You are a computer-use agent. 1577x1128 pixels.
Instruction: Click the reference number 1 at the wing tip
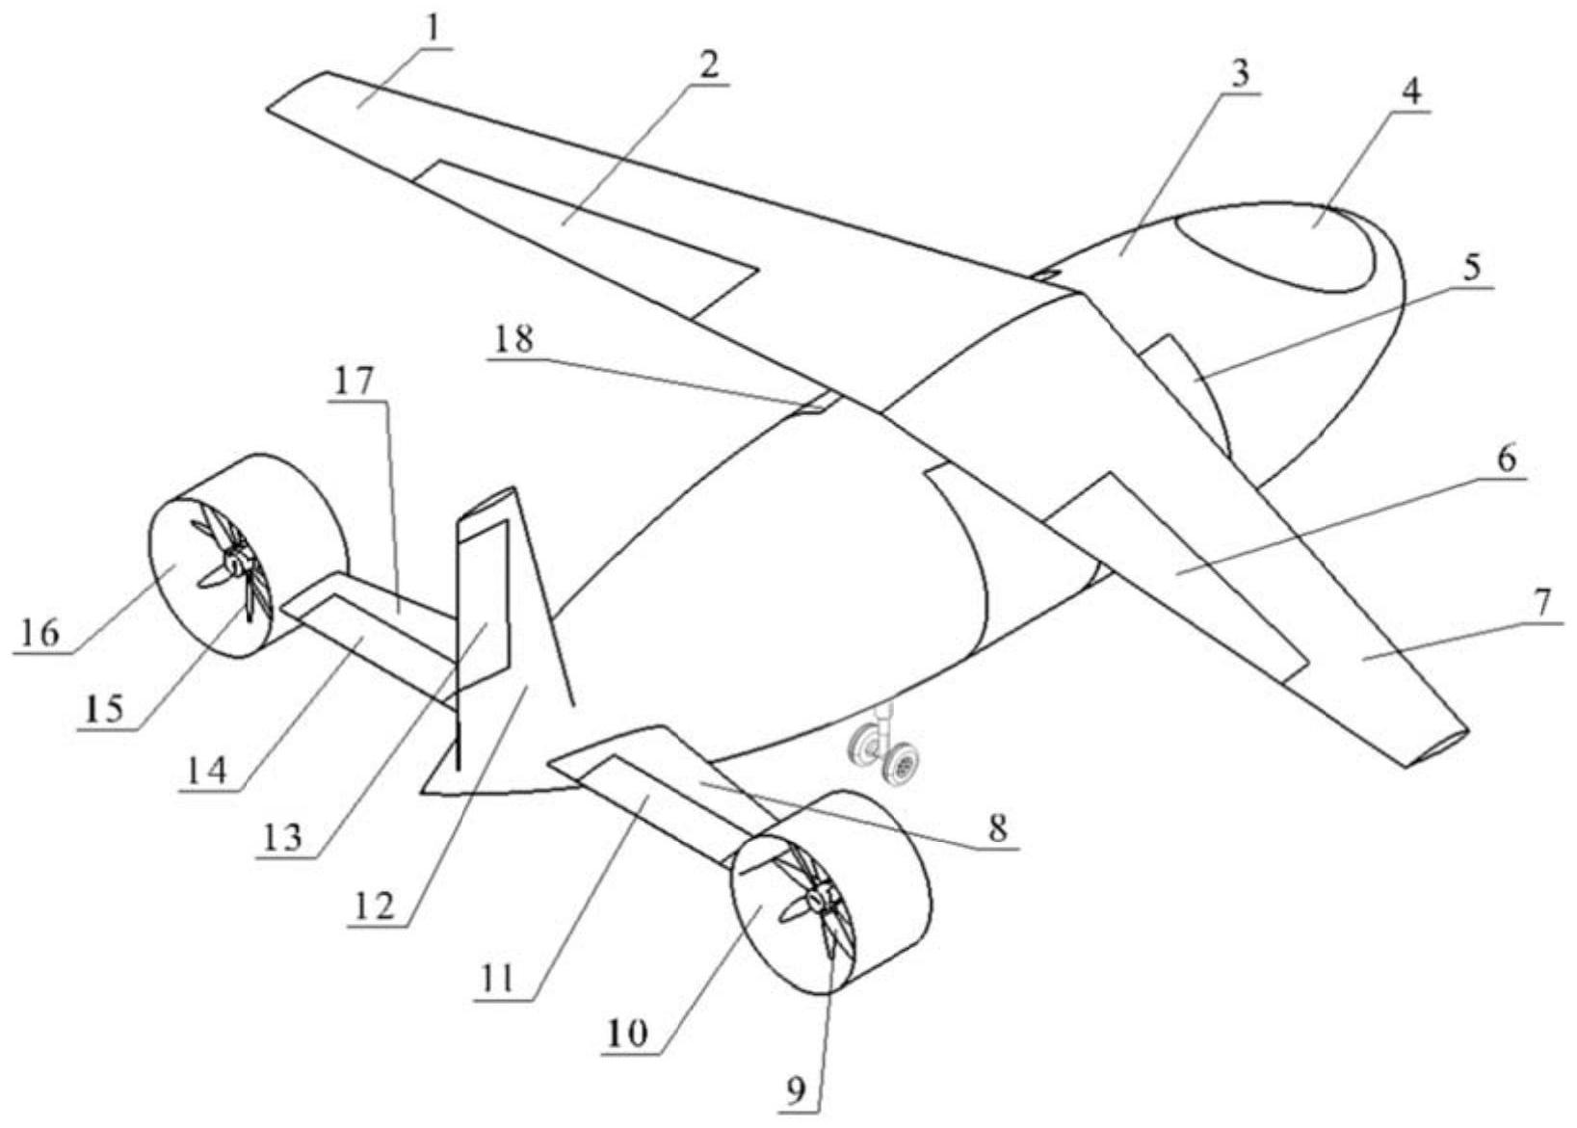pyautogui.click(x=433, y=27)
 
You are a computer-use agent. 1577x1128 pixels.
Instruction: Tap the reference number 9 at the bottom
pyautogui.click(x=795, y=1092)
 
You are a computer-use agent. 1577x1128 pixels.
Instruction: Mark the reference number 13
pyautogui.click(x=280, y=838)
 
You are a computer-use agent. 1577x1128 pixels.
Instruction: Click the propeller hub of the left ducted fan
pyautogui.click(x=238, y=562)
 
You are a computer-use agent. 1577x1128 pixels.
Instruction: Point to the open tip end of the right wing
pyautogui.click(x=1436, y=748)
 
